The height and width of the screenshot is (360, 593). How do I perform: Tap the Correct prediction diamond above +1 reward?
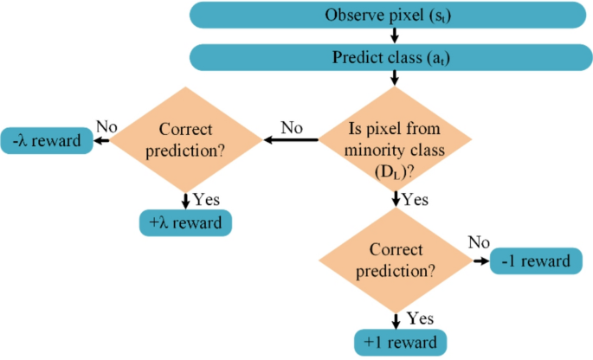396,259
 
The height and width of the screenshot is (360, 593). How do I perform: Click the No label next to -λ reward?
106,126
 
